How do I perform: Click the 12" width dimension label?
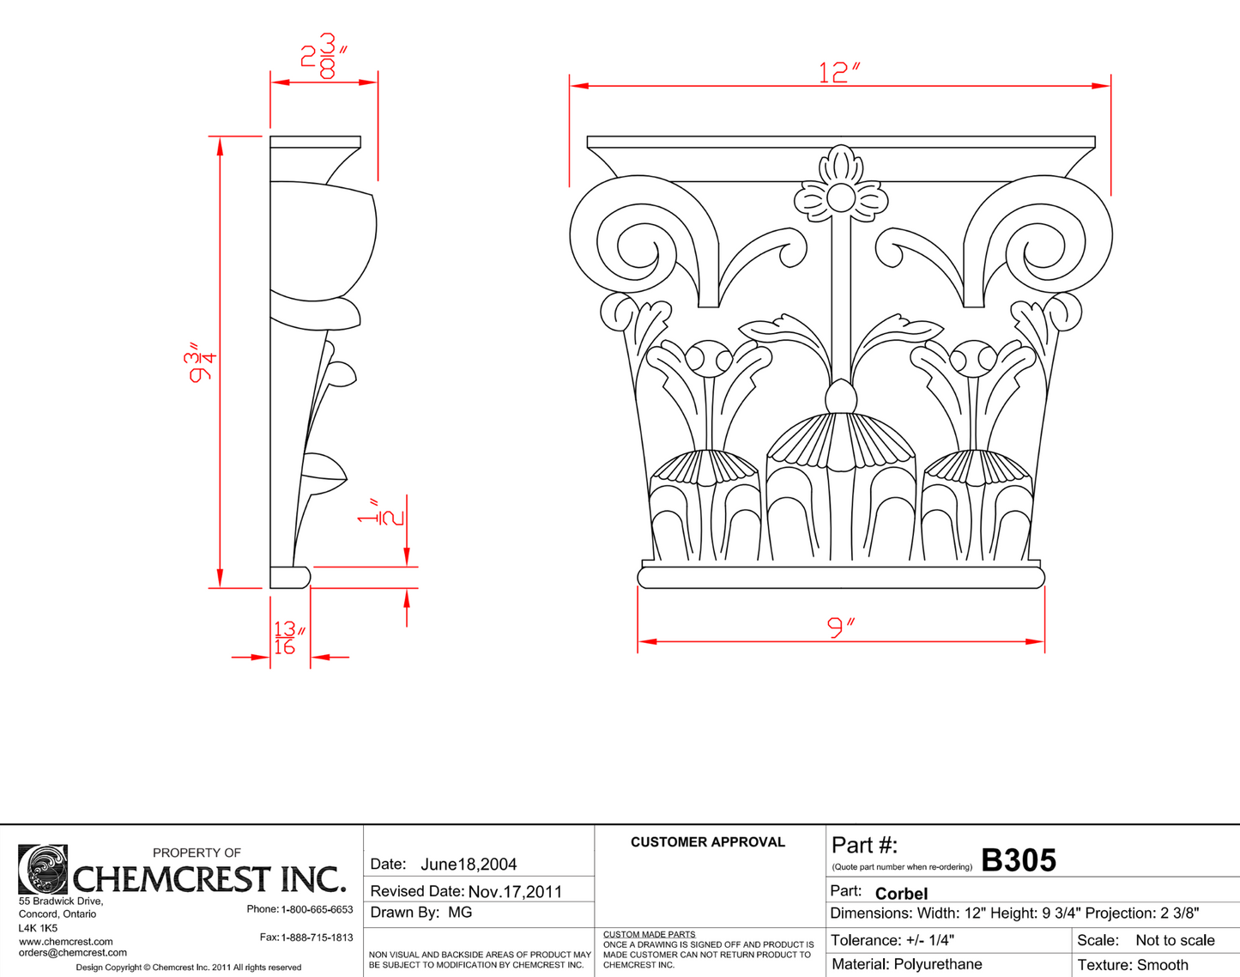838,72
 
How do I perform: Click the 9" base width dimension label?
841,628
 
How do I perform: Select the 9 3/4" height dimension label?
203,362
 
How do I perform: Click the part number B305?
1018,860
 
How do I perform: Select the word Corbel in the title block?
901,894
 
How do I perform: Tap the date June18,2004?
469,865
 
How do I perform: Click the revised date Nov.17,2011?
515,892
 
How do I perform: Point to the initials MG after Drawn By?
460,913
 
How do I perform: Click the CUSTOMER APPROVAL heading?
707,842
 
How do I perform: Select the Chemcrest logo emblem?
43,869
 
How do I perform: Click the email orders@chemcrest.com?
73,953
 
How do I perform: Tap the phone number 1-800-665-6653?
317,909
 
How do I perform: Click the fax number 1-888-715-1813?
317,938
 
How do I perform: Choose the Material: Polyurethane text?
906,964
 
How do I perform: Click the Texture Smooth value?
1162,965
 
